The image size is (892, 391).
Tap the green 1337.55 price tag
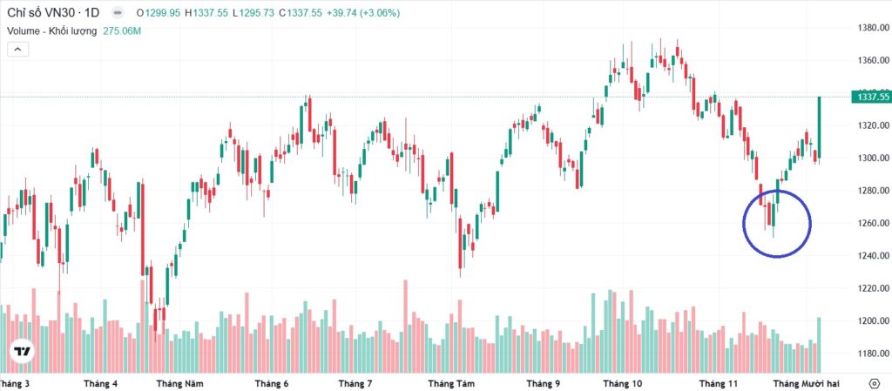870,98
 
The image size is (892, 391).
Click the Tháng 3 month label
16,383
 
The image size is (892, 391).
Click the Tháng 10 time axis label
622,383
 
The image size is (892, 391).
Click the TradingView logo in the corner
23,352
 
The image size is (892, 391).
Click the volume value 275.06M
122,31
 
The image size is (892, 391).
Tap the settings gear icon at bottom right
875,383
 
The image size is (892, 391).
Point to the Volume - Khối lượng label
52,31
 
